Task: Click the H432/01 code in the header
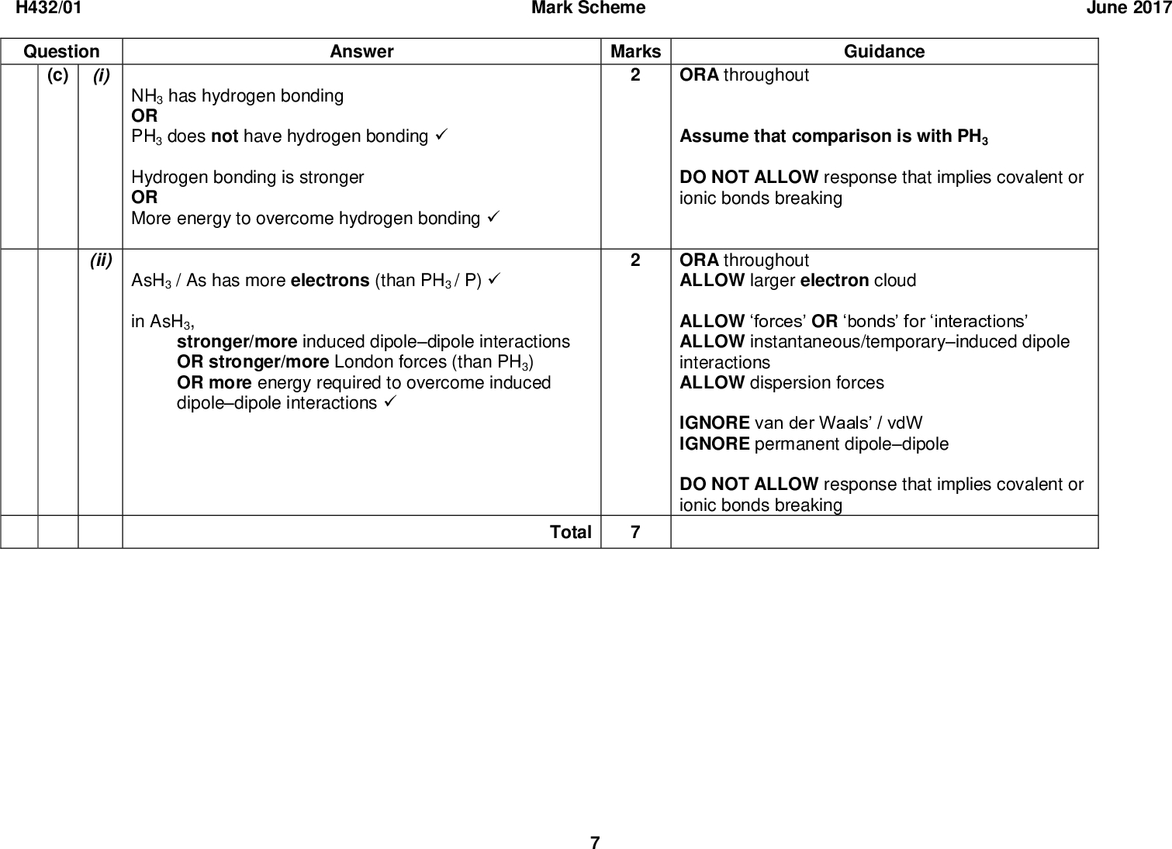click(50, 9)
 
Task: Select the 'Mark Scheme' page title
click(588, 9)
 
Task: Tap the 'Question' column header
click(61, 52)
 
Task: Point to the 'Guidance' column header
click(883, 52)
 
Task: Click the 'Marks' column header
click(635, 52)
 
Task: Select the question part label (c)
click(57, 76)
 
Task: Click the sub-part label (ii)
click(100, 261)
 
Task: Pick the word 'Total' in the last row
click(570, 533)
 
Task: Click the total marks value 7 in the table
click(635, 533)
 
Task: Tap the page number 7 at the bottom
click(594, 843)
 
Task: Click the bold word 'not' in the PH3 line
click(224, 136)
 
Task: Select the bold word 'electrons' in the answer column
click(330, 281)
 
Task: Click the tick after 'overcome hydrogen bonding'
click(490, 219)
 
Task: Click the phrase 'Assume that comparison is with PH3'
click(833, 137)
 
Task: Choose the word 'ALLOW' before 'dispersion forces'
click(711, 383)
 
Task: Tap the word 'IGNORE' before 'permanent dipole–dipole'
click(714, 444)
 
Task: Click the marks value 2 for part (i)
click(635, 76)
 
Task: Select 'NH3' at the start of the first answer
click(147, 97)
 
